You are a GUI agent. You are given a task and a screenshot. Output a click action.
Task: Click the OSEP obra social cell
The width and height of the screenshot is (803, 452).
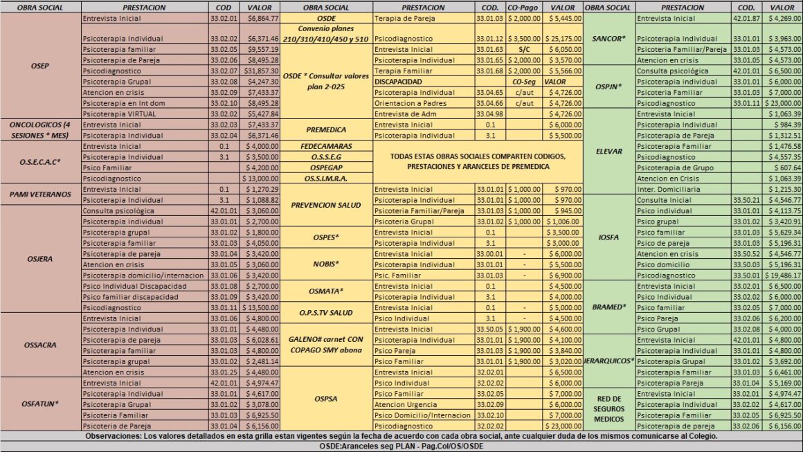(40, 66)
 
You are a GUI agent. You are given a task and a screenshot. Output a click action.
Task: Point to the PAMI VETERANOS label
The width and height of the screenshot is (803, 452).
(40, 194)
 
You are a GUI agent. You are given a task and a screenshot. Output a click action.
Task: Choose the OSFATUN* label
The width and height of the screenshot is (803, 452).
(40, 403)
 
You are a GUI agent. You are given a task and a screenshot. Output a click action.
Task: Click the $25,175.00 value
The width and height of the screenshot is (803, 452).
(563, 39)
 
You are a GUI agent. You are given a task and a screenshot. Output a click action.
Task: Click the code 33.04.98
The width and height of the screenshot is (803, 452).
(489, 114)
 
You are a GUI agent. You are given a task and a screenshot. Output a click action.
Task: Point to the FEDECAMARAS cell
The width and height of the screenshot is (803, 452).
(327, 146)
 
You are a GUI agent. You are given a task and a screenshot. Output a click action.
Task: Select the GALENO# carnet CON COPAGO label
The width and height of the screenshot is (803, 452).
(327, 345)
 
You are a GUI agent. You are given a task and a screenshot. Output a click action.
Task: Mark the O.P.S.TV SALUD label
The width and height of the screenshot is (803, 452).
(327, 313)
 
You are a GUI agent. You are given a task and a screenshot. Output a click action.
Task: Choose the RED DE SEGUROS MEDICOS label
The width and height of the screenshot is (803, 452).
(609, 409)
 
